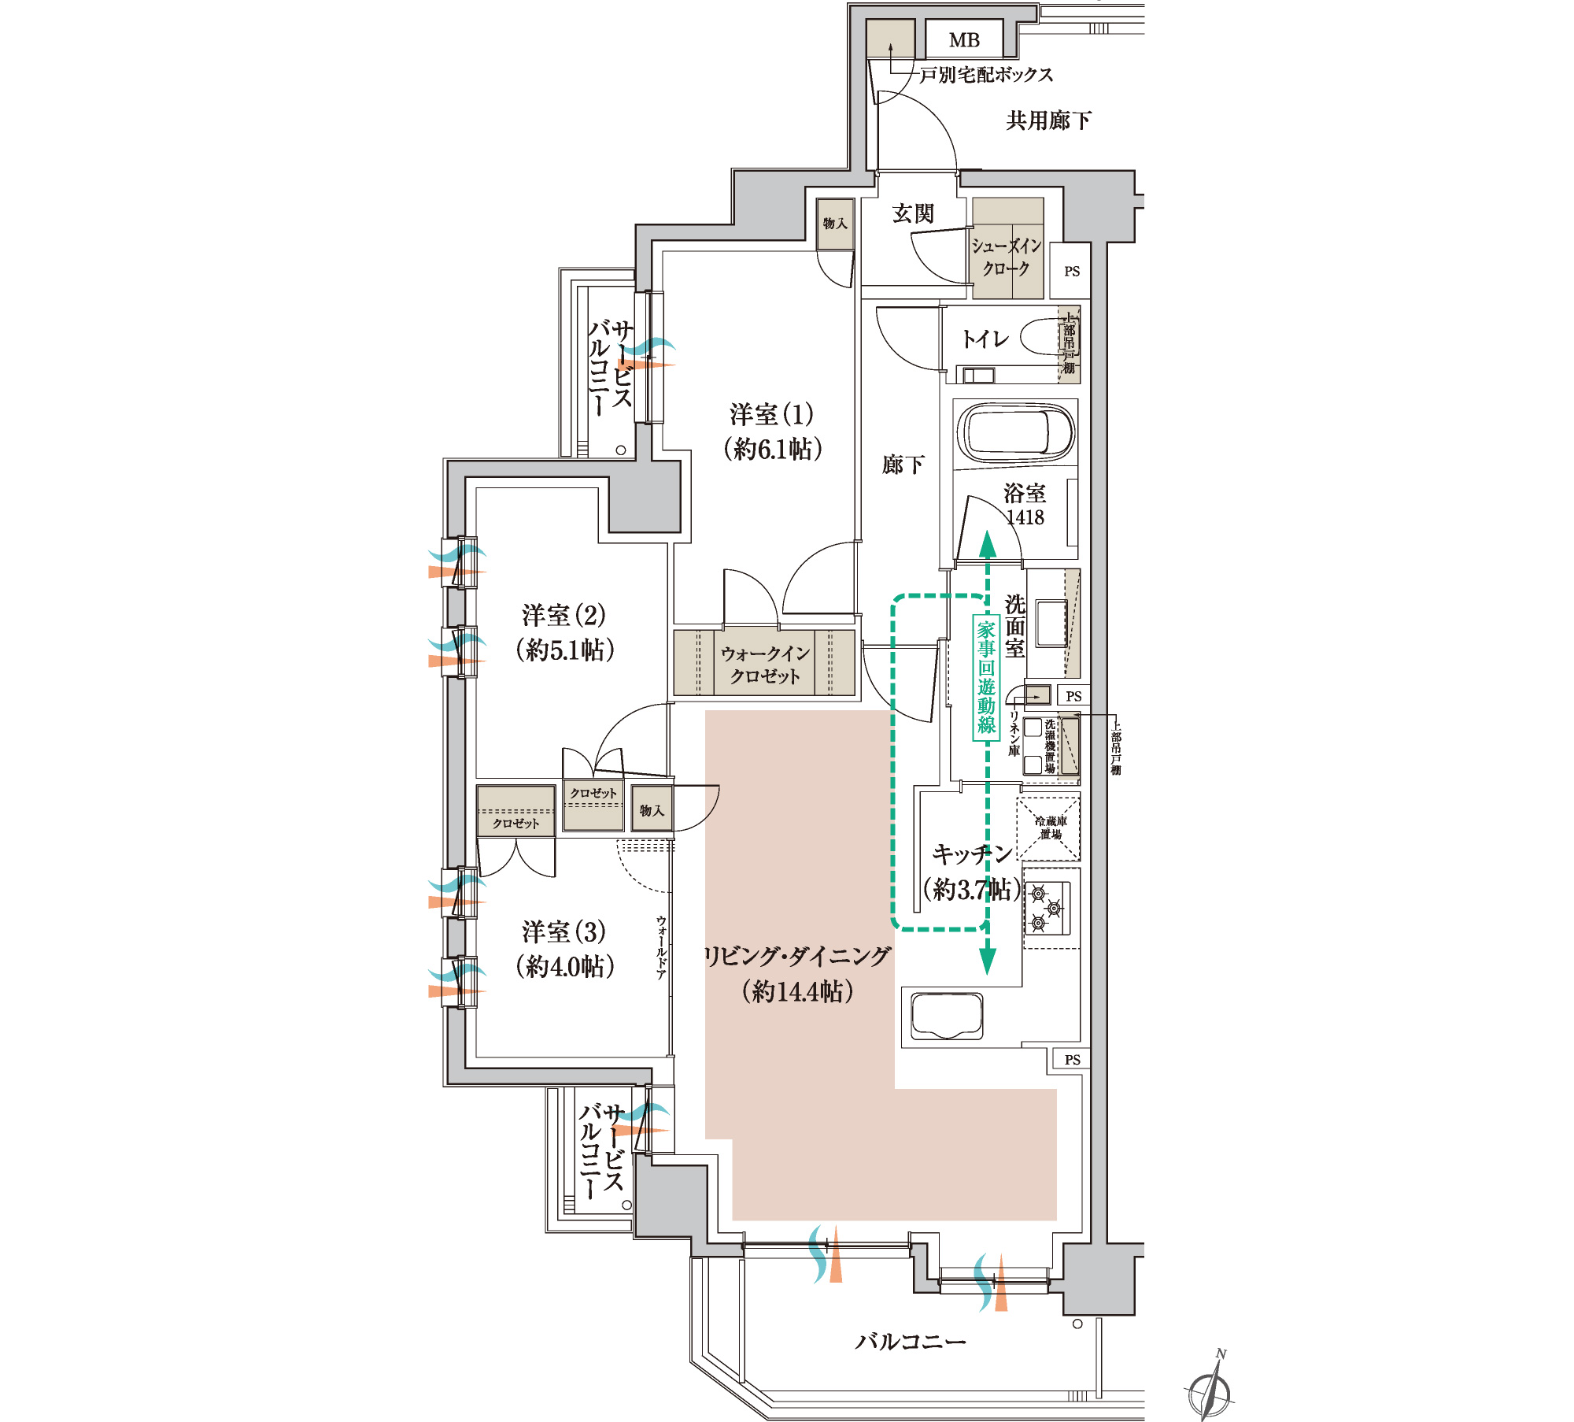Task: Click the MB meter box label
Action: tap(964, 40)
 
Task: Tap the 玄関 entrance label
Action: tap(913, 213)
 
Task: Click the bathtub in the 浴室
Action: tap(1014, 433)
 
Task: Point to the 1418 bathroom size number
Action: tap(1025, 517)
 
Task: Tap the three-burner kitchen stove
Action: tap(1047, 908)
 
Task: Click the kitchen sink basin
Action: tap(947, 1016)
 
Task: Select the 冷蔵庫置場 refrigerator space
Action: tap(1049, 828)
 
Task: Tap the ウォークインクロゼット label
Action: tap(765, 664)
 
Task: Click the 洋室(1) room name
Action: tap(771, 414)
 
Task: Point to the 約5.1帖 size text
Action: tap(565, 650)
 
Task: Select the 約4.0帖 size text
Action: tap(564, 967)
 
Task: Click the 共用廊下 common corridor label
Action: tap(1048, 120)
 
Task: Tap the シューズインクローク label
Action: tap(1007, 257)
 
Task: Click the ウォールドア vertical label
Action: tap(661, 948)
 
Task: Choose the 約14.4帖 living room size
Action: tap(798, 991)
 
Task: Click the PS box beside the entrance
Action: tap(1072, 271)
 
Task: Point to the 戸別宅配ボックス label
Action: tap(986, 75)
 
